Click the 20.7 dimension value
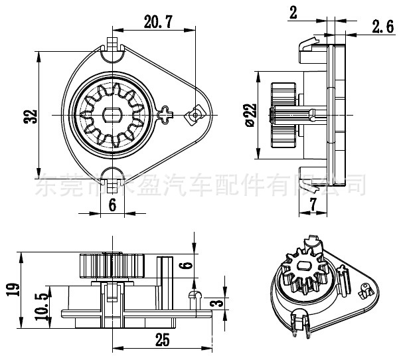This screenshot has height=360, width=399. [158, 21]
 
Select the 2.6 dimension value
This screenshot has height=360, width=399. [383, 27]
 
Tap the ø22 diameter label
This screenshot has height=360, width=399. [250, 114]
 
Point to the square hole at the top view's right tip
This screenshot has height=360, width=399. [196, 114]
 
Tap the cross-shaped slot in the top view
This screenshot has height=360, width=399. [165, 114]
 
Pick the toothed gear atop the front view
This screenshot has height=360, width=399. [113, 266]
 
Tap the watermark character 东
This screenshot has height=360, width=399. [44, 185]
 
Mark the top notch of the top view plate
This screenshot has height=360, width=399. [112, 45]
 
